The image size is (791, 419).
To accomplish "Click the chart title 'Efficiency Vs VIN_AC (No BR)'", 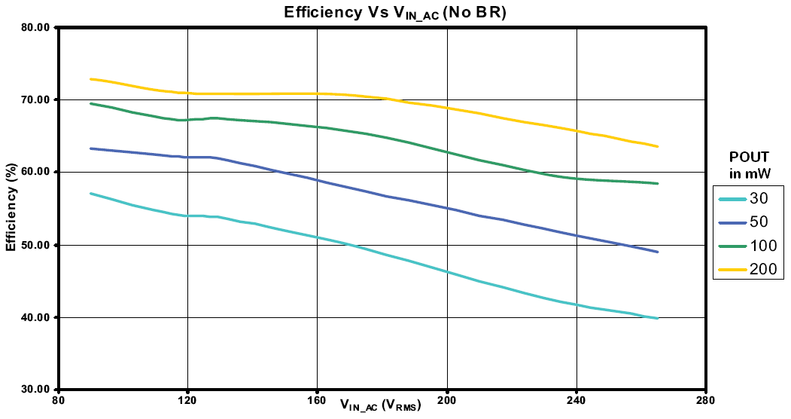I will (394, 12).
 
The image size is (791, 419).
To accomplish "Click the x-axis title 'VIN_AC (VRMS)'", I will (380, 405).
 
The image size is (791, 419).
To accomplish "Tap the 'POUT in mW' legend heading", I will (750, 165).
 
